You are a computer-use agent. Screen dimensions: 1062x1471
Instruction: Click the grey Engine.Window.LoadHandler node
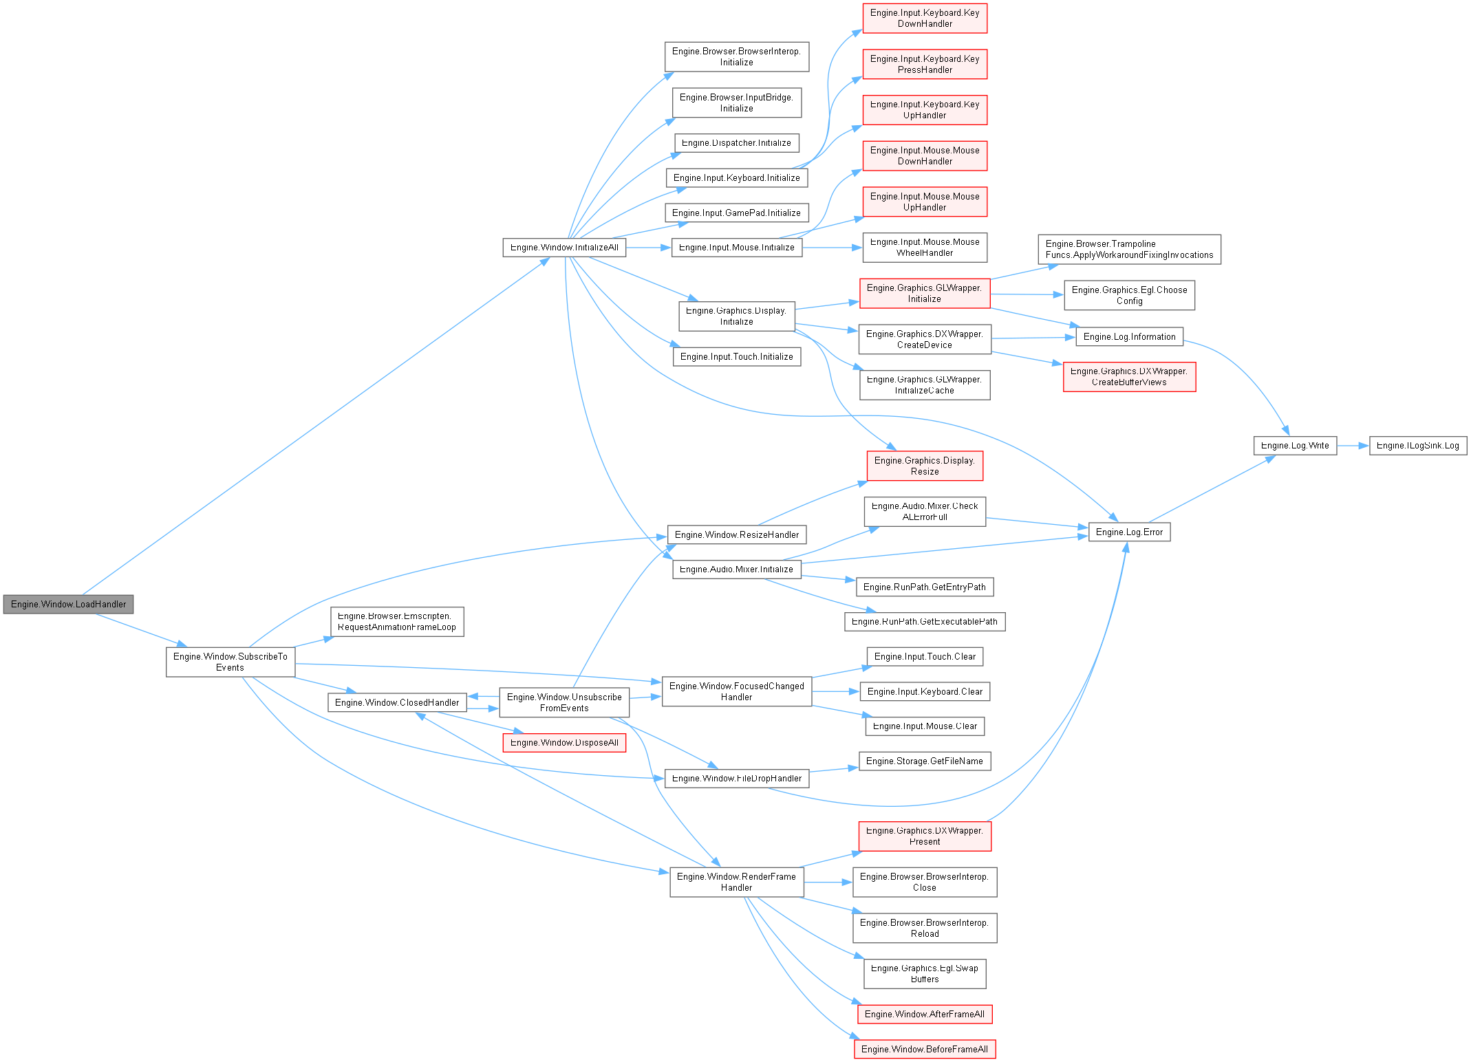[68, 604]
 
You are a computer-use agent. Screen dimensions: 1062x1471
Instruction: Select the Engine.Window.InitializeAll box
[564, 248]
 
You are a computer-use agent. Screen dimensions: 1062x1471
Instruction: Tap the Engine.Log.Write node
[1294, 446]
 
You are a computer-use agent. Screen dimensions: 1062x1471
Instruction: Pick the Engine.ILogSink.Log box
[1417, 446]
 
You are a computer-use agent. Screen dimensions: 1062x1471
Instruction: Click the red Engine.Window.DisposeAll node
[564, 743]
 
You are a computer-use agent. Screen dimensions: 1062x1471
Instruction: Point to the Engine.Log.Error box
[1129, 532]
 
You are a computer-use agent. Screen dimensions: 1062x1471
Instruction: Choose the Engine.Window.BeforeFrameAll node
[924, 1049]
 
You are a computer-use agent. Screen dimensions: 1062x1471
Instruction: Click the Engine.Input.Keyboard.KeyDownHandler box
[924, 19]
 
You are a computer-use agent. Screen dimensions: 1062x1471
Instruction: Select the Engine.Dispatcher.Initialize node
[736, 143]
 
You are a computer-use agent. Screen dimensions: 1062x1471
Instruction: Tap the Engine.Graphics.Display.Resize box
[924, 466]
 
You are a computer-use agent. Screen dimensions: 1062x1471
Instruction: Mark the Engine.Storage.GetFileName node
[924, 761]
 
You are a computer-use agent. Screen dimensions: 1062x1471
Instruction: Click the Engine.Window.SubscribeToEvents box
[230, 662]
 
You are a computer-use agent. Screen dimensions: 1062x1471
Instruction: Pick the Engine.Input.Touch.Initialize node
[736, 356]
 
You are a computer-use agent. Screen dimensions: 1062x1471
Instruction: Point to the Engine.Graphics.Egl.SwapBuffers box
[924, 973]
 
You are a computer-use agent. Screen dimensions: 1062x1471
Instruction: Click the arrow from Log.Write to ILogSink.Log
[1353, 446]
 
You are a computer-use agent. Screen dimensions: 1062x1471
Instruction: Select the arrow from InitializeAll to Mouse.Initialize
[648, 248]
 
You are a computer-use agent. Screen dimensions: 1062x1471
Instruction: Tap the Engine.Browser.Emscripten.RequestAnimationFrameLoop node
[397, 621]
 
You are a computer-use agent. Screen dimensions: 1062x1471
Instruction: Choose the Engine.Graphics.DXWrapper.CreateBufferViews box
[1129, 377]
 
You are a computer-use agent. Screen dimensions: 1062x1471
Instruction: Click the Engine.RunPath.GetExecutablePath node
[924, 622]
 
